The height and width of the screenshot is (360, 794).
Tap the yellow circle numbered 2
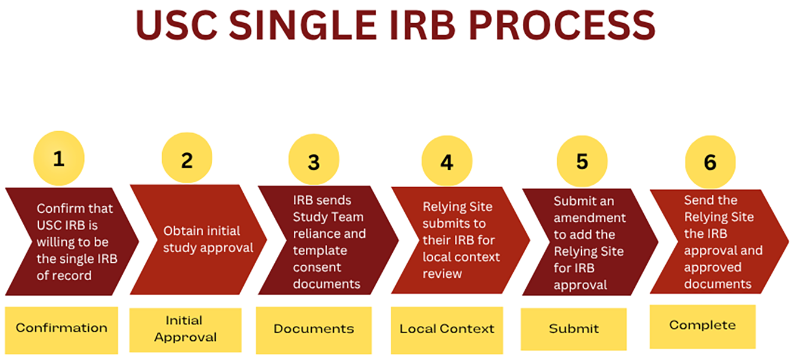pyautogui.click(x=187, y=160)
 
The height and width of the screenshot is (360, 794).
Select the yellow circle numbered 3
pyautogui.click(x=314, y=162)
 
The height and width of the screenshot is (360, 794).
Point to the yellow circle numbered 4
pyautogui.click(x=446, y=162)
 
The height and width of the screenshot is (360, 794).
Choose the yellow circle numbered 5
pyautogui.click(x=582, y=162)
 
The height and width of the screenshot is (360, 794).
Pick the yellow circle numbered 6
pyautogui.click(x=710, y=163)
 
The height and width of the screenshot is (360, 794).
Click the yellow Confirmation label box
pyautogui.click(x=61, y=328)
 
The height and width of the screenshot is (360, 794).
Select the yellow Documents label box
pyautogui.click(x=314, y=329)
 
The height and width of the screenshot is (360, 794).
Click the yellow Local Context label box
pyautogui.click(x=446, y=329)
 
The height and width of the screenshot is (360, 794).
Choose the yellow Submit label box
pyautogui.click(x=573, y=329)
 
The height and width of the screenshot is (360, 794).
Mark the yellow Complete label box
pyautogui.click(x=702, y=325)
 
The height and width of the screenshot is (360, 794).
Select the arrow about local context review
pyautogui.click(x=458, y=240)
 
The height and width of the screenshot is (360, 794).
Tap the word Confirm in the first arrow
pyautogui.click(x=57, y=209)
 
